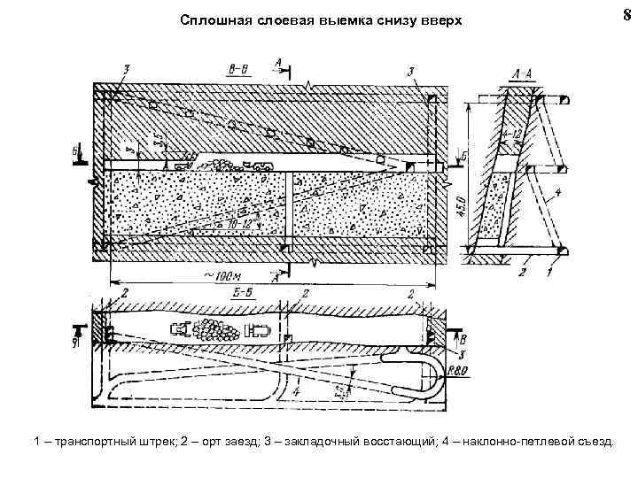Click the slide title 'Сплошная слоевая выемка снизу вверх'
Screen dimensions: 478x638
320,19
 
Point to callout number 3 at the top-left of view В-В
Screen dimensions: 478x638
128,68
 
